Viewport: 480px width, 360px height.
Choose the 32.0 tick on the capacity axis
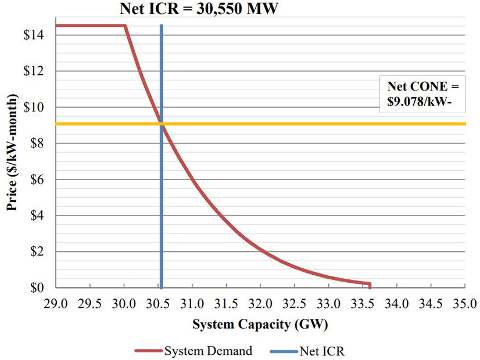pyautogui.click(x=260, y=303)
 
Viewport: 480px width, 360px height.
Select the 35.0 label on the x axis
pyautogui.click(x=465, y=303)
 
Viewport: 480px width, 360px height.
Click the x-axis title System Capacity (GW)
pyautogui.click(x=259, y=323)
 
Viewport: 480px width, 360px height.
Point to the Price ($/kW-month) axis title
pyautogui.click(x=12, y=157)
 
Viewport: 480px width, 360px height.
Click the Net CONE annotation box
pyautogui.click(x=422, y=93)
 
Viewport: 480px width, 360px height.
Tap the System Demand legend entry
pyautogui.click(x=207, y=350)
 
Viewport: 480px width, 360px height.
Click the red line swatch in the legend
pyautogui.click(x=148, y=350)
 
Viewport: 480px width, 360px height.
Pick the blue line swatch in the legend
pyautogui.click(x=284, y=350)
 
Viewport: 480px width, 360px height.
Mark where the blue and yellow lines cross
pyautogui.click(x=161, y=124)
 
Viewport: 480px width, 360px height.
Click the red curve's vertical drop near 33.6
pyautogui.click(x=369, y=285)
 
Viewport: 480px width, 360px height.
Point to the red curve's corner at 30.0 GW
pyautogui.click(x=125, y=26)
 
